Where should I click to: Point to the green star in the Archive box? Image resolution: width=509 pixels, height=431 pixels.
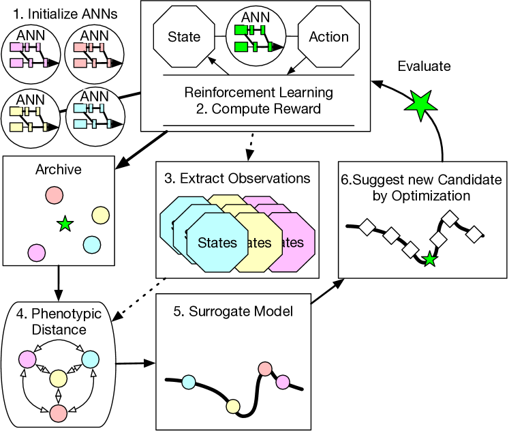point(64,224)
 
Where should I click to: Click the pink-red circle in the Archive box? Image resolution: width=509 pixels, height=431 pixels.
point(55,195)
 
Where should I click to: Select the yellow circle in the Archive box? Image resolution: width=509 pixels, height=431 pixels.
point(100,215)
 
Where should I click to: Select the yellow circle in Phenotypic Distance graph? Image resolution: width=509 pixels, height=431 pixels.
point(58,377)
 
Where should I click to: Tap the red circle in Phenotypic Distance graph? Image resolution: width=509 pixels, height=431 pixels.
point(58,412)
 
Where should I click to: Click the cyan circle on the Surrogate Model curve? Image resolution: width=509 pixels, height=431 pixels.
point(189,382)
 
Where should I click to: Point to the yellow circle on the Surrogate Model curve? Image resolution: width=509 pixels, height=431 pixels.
point(233,407)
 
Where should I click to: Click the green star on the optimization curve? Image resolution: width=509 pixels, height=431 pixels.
point(429,259)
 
